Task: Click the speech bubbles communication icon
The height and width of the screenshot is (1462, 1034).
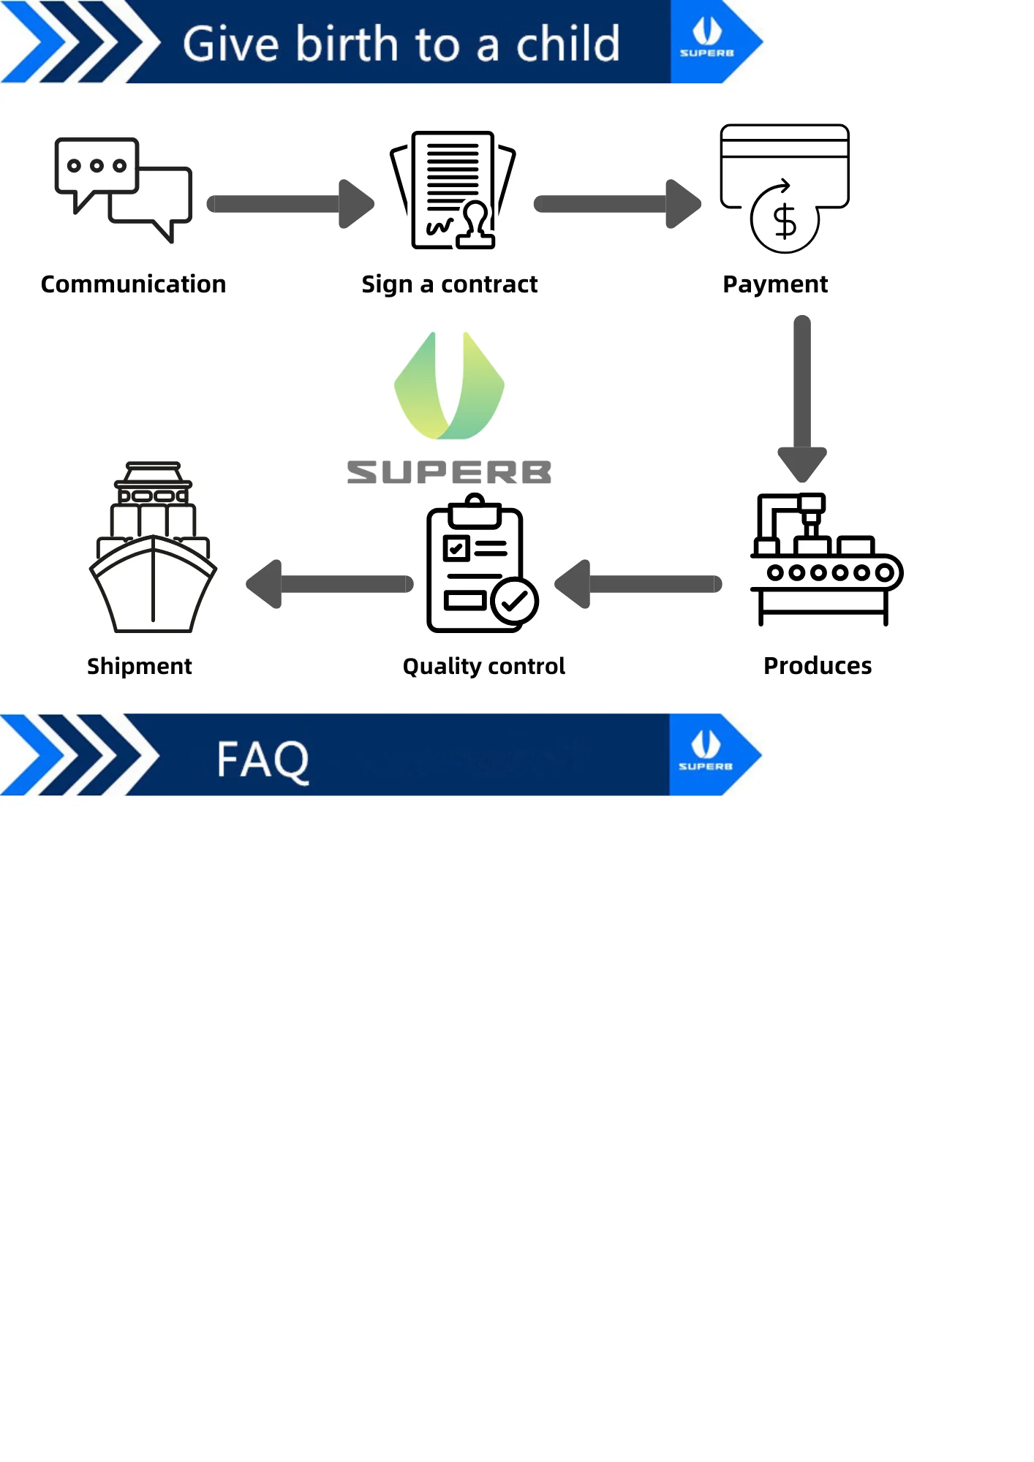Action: [123, 189]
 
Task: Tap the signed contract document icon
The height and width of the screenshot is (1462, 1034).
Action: [453, 190]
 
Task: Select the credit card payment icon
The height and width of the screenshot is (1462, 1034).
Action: [785, 188]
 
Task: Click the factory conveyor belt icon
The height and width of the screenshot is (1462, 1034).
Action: [826, 559]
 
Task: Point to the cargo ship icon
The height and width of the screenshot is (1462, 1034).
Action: [153, 548]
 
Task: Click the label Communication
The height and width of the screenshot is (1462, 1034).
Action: [133, 284]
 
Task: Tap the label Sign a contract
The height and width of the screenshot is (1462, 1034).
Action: [449, 284]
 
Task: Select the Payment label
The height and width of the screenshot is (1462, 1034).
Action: [775, 284]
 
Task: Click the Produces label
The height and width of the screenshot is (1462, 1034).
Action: [818, 666]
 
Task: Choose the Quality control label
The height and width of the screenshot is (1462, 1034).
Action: [483, 666]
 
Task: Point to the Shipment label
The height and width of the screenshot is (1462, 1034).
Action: [139, 666]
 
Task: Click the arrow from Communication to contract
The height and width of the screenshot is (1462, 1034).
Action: [290, 204]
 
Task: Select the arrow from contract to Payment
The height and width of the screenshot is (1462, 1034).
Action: [617, 204]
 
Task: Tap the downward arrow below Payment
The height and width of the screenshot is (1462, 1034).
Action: [802, 398]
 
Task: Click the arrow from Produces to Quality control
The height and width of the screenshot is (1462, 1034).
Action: [638, 584]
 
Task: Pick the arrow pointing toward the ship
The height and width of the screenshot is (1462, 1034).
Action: [330, 584]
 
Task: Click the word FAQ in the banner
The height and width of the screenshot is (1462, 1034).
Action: [263, 760]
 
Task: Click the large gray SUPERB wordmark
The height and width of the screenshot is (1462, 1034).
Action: [449, 472]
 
